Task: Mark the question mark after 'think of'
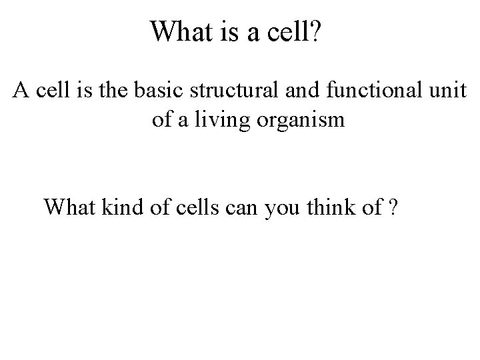tap(395, 207)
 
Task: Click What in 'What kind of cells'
tap(70, 207)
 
